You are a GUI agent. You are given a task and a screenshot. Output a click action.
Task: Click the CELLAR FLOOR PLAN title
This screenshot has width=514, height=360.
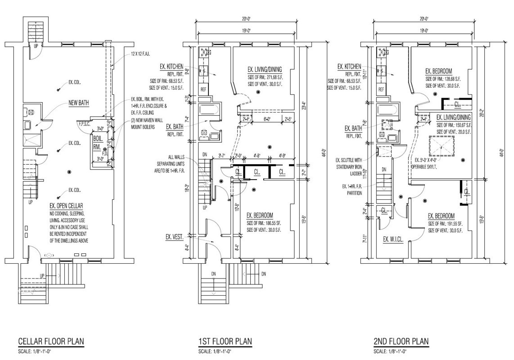click(50, 342)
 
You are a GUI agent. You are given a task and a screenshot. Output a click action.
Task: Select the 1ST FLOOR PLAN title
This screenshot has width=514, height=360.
click(225, 342)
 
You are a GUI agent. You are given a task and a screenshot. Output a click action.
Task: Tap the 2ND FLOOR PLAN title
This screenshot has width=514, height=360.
click(401, 342)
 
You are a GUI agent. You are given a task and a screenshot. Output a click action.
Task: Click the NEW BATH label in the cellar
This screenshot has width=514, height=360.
click(79, 103)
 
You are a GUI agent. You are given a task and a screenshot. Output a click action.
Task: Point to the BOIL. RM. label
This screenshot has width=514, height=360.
click(97, 143)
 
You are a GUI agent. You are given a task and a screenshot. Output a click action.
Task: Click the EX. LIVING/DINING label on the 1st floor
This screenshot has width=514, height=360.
click(264, 69)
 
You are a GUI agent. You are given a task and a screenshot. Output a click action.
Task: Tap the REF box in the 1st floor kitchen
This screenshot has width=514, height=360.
click(203, 90)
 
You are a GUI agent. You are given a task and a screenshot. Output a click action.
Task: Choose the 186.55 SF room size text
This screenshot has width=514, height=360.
click(263, 223)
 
